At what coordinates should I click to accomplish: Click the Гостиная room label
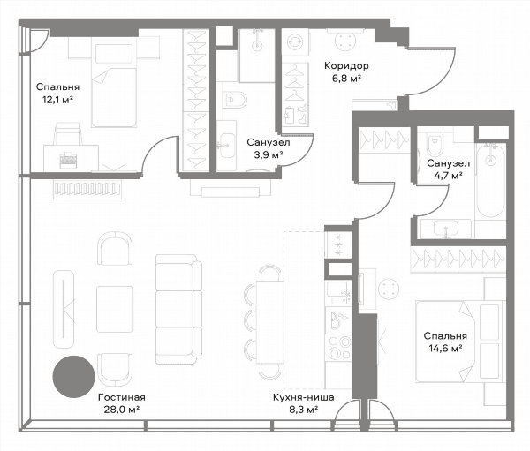coord(122,397)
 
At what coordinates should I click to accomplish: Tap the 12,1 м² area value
coord(57,100)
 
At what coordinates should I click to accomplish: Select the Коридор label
coord(346,66)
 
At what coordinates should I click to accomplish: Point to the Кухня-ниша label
coord(304,397)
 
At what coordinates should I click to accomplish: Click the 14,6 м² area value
coord(445,349)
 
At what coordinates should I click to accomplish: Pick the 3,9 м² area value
coord(269,154)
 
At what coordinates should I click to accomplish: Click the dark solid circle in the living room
coord(73,377)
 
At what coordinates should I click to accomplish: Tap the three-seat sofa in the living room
coord(178,309)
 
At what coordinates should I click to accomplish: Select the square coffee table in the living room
coord(115,309)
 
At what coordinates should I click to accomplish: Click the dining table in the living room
coord(269,322)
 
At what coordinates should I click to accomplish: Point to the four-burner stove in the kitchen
coord(339,348)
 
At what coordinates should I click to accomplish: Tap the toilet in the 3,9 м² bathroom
coord(236,100)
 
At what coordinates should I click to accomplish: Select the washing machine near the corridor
coord(295,41)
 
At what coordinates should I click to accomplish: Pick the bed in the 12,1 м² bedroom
coord(114,84)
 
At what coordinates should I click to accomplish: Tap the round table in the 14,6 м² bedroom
coord(389,289)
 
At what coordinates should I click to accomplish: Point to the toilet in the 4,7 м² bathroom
coord(435,144)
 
